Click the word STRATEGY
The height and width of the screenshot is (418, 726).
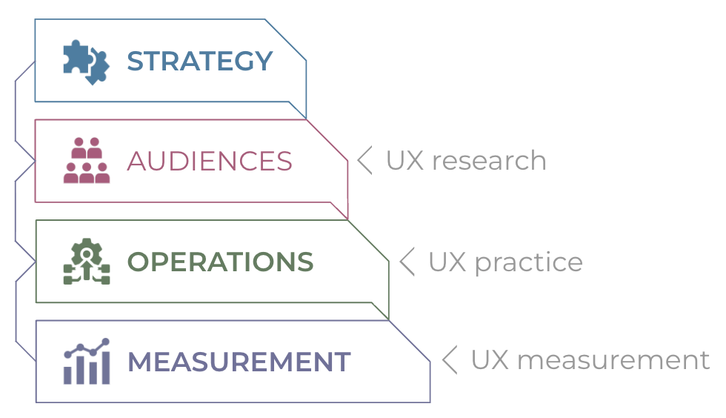pos(200,62)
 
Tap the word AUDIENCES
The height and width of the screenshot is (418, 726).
pos(210,162)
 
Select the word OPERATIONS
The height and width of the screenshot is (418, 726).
pos(221,262)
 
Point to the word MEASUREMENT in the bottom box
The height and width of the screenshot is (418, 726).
pos(239,362)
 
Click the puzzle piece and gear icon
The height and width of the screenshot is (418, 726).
pos(87,62)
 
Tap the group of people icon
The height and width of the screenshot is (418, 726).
pos(87,160)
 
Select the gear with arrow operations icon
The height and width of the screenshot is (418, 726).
pos(87,261)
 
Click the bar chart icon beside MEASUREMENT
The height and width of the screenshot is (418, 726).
pos(87,362)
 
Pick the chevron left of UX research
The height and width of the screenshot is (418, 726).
pos(364,160)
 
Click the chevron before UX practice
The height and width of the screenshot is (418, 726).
pos(407,262)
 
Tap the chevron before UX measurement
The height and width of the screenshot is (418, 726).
pos(450,359)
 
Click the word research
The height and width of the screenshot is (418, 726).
pos(489,161)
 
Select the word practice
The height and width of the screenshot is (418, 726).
pos(529,263)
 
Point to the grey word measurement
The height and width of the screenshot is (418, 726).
pos(613,360)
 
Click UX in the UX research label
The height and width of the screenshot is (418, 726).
pos(405,161)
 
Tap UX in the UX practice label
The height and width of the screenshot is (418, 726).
pos(447,262)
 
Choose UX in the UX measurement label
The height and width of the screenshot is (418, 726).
pos(490,360)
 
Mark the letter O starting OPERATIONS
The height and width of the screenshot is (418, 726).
pos(139,262)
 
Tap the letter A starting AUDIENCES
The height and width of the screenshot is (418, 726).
pos(138,162)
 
